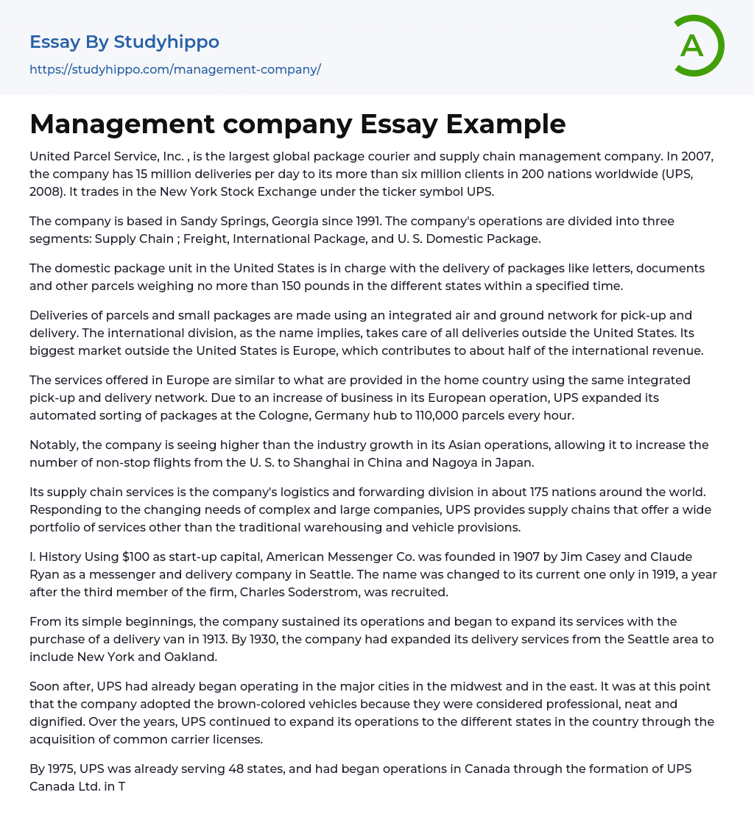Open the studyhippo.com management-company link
175,69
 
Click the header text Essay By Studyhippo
124,42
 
